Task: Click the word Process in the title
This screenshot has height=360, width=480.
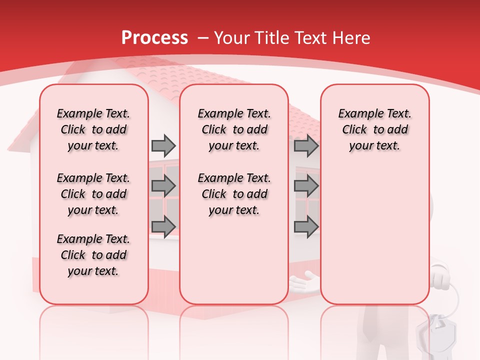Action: pos(154,38)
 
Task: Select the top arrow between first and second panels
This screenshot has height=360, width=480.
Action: pos(163,145)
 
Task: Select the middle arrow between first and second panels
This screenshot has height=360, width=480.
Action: pos(163,186)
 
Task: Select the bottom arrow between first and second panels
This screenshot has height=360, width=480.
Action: pos(163,226)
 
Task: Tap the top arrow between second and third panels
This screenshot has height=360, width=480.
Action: pos(306,145)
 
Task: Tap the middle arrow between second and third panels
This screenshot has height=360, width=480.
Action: pos(306,186)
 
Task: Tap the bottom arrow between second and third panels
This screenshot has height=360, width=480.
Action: pos(306,226)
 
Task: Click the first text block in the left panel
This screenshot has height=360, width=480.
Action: pos(93,129)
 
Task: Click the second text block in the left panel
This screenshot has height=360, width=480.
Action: pos(93,194)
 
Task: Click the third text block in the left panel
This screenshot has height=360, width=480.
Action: pos(93,255)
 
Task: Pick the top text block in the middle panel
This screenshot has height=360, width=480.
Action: pos(234,129)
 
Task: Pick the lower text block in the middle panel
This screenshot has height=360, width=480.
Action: pos(234,194)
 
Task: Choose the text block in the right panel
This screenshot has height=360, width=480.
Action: pos(374,129)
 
